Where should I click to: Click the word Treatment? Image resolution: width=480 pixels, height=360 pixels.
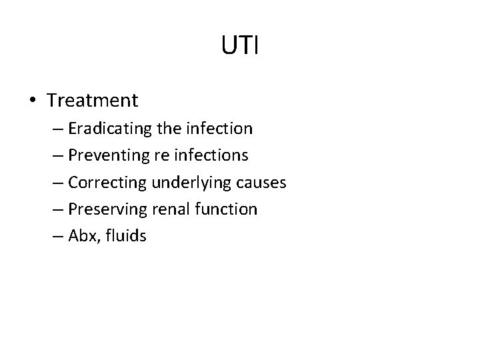point(93,101)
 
